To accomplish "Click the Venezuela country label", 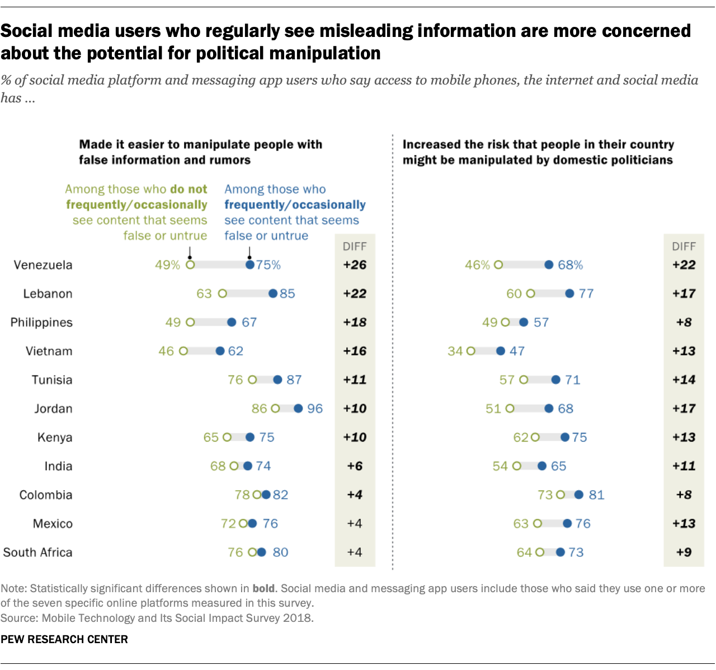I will pyautogui.click(x=43, y=265).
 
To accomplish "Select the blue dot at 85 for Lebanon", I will pyautogui.click(x=273, y=293).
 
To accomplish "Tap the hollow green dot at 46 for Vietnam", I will pyautogui.click(x=183, y=351).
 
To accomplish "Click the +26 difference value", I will pyautogui.click(x=355, y=265).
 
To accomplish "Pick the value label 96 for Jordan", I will pyautogui.click(x=315, y=409).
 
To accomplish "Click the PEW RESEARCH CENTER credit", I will pyautogui.click(x=64, y=639).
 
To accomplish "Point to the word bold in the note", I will pyautogui.click(x=263, y=588).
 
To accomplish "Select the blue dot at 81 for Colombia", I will pyautogui.click(x=579, y=495).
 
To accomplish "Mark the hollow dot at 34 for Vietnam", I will pyautogui.click(x=471, y=351).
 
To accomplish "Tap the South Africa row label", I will pyautogui.click(x=37, y=552).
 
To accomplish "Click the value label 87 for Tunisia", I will pyautogui.click(x=294, y=380).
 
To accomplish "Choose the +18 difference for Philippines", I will pyautogui.click(x=355, y=322).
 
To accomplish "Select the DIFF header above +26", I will pyautogui.click(x=355, y=246).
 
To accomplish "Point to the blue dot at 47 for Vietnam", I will pyautogui.click(x=500, y=351).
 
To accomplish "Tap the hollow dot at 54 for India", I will pyautogui.click(x=517, y=466).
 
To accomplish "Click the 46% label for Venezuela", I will pyautogui.click(x=477, y=265).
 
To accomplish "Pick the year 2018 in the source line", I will pyautogui.click(x=300, y=618).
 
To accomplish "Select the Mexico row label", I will pyautogui.click(x=53, y=524).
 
